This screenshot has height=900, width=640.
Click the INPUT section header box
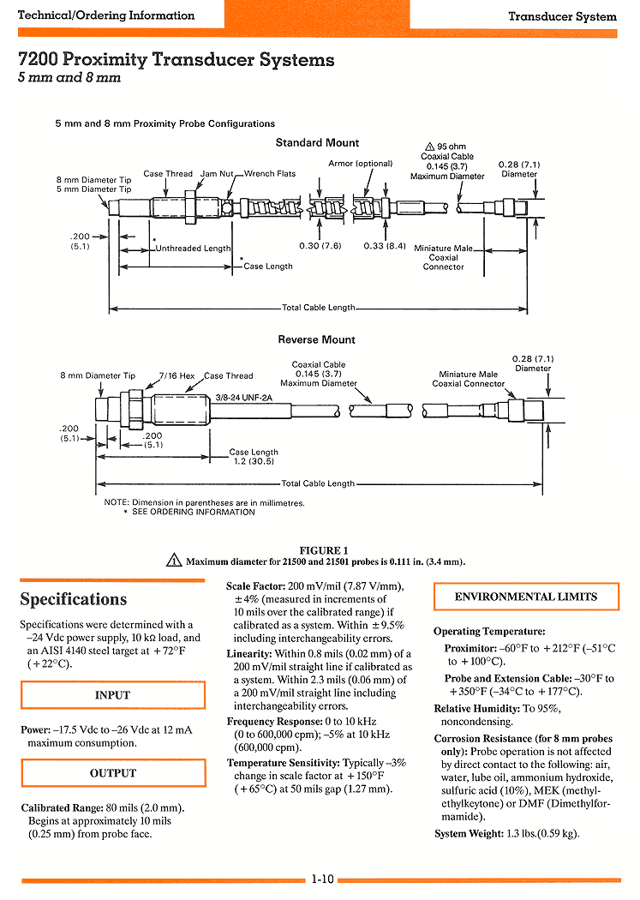[x=113, y=695]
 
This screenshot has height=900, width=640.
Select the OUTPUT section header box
[x=114, y=773]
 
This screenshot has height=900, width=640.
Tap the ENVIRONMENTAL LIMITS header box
[x=526, y=597]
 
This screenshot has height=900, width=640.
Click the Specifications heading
[x=74, y=599]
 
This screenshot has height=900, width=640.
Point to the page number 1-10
[x=322, y=879]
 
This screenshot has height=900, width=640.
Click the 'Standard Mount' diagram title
[x=317, y=143]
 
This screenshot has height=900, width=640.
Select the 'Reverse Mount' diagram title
[x=316, y=339]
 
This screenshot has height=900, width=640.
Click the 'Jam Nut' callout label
[x=217, y=173]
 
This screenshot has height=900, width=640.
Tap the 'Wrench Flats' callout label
[x=270, y=173]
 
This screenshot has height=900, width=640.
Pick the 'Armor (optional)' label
[x=360, y=164]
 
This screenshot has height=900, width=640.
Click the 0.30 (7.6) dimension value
[x=320, y=246]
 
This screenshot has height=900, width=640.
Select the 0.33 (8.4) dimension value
[x=385, y=246]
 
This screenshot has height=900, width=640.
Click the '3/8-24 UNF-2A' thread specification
[x=243, y=397]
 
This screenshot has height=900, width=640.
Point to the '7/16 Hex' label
[x=176, y=376]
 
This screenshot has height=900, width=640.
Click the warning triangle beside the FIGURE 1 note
[x=174, y=560]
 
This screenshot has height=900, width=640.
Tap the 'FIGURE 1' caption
[x=324, y=550]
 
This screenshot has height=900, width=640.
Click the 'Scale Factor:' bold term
[x=256, y=586]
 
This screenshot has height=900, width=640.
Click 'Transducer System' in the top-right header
[x=563, y=16]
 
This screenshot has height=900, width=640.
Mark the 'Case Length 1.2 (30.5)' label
[x=254, y=457]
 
